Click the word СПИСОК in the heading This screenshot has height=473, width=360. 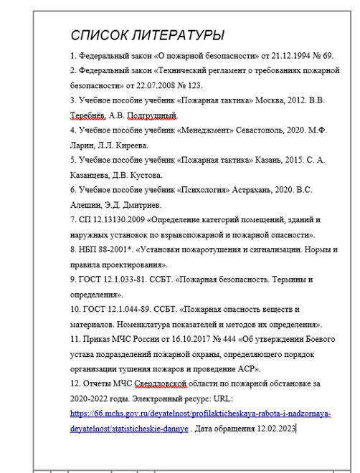tap(95, 35)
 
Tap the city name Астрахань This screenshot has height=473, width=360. tap(257, 191)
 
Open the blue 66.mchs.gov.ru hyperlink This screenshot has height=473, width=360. tap(200, 414)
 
